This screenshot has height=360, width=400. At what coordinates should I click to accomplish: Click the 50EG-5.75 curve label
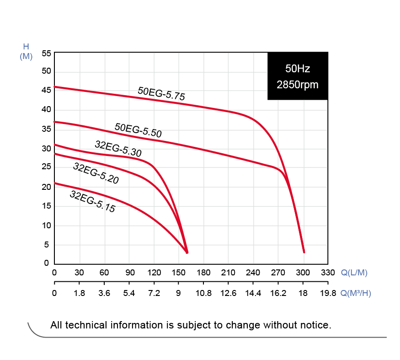pos(161,93)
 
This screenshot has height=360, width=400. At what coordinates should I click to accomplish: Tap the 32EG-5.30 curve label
pos(118,149)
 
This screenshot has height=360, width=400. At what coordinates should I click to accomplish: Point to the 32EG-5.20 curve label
pos(96,173)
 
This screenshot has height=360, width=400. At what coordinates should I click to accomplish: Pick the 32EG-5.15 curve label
pos(92,202)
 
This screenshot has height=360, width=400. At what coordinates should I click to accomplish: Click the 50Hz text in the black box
pos(298,69)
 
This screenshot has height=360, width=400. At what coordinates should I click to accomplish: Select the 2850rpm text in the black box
pos(298,85)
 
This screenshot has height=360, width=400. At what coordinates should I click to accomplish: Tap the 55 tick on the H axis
pos(46,53)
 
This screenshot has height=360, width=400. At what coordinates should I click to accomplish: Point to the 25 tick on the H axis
pos(46,168)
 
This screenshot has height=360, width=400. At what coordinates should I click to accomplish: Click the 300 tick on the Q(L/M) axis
pos(303,273)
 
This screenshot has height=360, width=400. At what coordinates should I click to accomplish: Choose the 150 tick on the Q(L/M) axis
pos(179,273)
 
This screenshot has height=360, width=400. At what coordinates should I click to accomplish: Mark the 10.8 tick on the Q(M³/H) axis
pos(203,293)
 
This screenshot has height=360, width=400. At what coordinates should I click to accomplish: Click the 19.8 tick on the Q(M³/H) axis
pos(328,293)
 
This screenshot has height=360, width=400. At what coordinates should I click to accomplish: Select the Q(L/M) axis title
pos(354,273)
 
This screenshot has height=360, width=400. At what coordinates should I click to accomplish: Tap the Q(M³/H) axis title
pos(356,293)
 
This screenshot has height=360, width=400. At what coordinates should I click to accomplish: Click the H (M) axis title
pos(26,51)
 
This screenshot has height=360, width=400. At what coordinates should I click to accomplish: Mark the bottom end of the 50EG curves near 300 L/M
pos(304,252)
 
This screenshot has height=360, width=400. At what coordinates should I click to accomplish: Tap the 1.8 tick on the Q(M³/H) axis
pos(80,293)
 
